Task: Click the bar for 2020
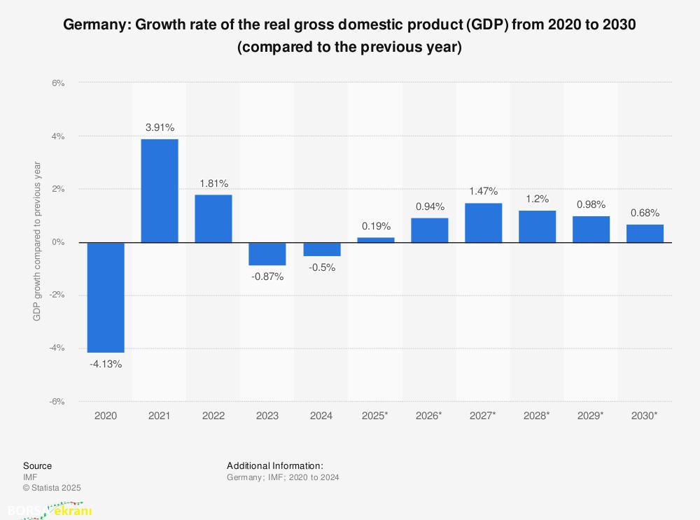[106, 297]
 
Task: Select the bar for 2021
[160, 190]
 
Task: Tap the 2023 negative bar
[267, 254]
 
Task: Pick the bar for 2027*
[483, 223]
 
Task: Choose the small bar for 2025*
[376, 240]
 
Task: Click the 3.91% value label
[160, 127]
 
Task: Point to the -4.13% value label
[106, 364]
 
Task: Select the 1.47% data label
[483, 191]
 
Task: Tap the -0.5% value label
[321, 267]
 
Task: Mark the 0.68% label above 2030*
[645, 213]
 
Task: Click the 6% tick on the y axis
[58, 83]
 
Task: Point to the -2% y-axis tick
[57, 295]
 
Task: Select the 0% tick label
[58, 242]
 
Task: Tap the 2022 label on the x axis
[213, 416]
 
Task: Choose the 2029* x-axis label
[591, 416]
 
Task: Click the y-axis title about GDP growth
[37, 242]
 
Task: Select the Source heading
[37, 465]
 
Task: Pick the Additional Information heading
[274, 465]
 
